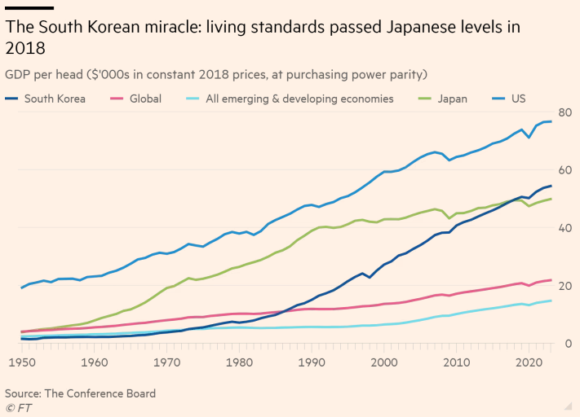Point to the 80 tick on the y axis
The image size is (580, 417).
(x=565, y=112)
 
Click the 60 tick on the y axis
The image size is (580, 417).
(x=565, y=170)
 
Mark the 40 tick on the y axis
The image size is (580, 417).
(x=565, y=228)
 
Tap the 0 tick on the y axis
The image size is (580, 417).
(x=568, y=344)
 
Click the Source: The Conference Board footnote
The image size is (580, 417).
(x=80, y=393)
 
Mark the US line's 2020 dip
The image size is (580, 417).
(x=530, y=137)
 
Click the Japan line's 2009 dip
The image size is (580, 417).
(x=449, y=218)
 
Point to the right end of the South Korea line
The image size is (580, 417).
(x=551, y=187)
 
